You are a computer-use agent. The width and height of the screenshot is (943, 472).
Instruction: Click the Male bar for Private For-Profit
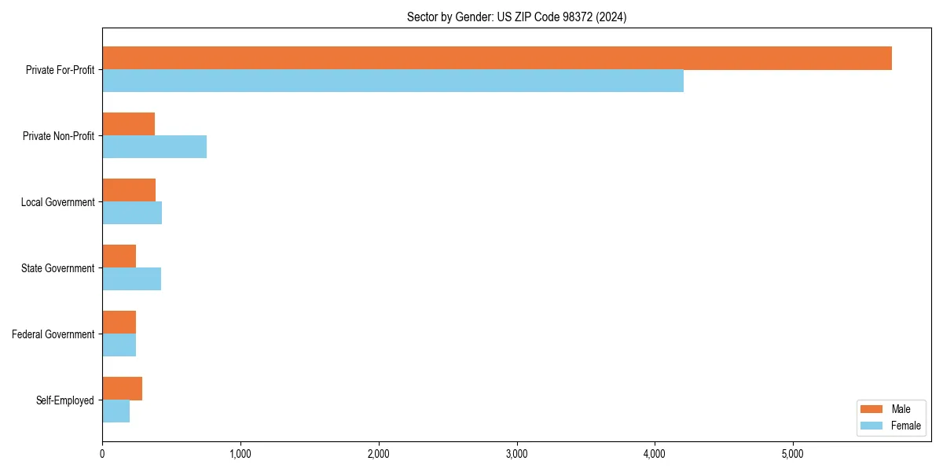tap(497, 58)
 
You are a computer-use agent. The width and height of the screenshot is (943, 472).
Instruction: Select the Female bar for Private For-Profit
tap(393, 81)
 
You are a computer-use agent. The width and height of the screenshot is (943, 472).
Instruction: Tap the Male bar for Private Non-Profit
tap(128, 124)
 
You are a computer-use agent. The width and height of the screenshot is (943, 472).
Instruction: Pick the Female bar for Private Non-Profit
tap(154, 147)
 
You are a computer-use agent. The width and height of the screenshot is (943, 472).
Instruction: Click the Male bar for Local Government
tap(129, 190)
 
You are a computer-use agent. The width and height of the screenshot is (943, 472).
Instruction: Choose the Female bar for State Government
tap(131, 279)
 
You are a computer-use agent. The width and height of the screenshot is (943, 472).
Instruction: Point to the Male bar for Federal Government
tap(119, 323)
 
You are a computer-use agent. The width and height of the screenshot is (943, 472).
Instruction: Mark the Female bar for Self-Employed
tap(116, 411)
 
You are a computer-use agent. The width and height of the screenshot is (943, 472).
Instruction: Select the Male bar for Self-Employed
tap(122, 389)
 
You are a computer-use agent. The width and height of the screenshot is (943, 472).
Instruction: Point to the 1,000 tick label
tap(240, 453)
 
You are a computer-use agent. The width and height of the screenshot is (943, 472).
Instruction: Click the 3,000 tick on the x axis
tap(517, 453)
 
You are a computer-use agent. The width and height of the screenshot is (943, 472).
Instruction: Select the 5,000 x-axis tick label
tap(793, 453)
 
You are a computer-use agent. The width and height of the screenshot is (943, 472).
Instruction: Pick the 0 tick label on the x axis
tap(102, 453)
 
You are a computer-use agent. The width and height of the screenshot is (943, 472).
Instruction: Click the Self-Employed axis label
tap(65, 400)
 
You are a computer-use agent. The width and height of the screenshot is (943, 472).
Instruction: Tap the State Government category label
tap(57, 268)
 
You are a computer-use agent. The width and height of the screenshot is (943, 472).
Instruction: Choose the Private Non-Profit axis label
tap(58, 136)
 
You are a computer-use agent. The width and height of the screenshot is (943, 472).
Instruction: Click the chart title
tap(516, 17)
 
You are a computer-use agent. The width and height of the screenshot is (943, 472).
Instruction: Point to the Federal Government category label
tap(53, 334)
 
